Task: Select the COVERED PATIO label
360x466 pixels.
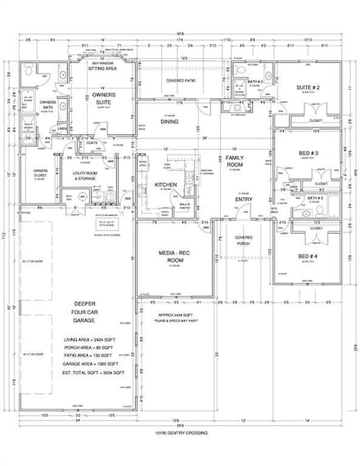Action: click(179, 81)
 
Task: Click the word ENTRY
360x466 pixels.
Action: click(244, 199)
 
